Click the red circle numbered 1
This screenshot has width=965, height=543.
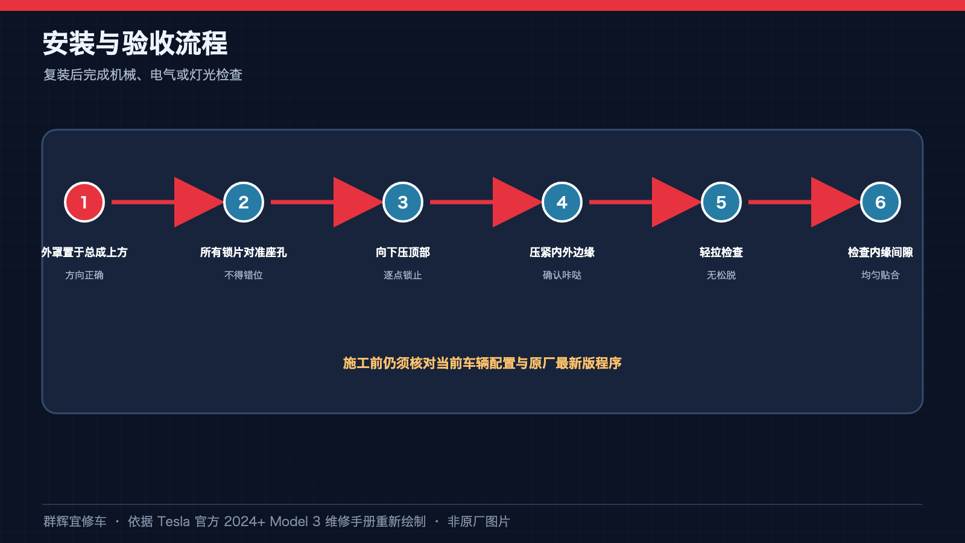[84, 202]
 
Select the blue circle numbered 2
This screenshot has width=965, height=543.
[244, 202]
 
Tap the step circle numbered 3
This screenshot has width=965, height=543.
[403, 202]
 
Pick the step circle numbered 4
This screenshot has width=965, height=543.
[562, 202]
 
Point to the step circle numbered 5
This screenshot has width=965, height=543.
[721, 202]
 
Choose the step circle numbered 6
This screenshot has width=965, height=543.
[880, 202]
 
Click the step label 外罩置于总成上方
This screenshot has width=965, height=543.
[84, 252]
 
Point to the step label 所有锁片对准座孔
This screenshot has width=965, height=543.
[244, 252]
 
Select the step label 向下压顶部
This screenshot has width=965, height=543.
[403, 252]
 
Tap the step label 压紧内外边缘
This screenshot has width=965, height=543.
[562, 252]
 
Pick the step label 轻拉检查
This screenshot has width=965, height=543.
[721, 252]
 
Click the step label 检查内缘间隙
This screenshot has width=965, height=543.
[880, 252]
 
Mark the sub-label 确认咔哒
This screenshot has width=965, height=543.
[562, 275]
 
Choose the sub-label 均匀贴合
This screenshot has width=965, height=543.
[880, 275]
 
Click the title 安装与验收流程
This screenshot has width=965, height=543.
[135, 43]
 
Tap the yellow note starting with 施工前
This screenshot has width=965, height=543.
[482, 363]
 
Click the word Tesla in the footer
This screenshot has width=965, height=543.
[173, 521]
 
